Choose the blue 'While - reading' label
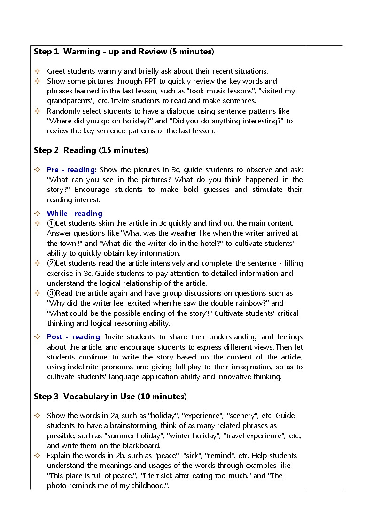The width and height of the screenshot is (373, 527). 74,213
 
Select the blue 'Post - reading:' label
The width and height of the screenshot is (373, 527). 74,336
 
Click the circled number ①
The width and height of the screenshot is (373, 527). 51,223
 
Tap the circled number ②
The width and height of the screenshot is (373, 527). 51,263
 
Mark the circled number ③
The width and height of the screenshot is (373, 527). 51,293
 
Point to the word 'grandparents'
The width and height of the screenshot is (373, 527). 69,101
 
